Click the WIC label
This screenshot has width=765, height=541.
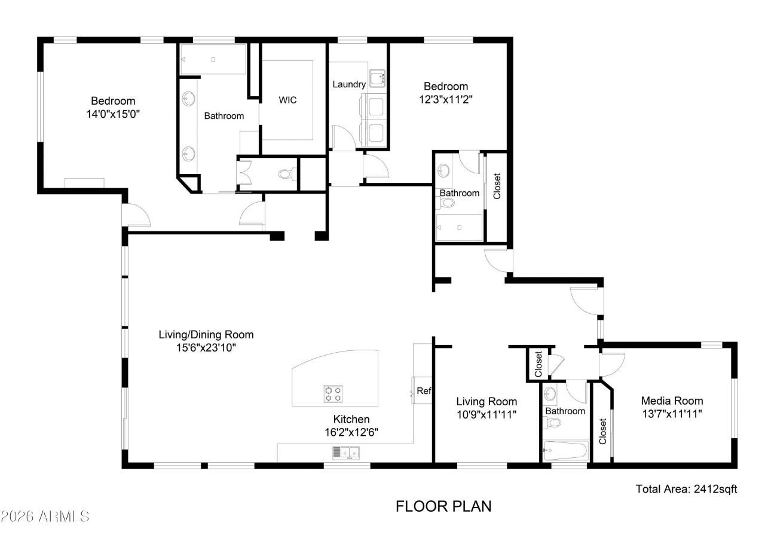click(x=287, y=100)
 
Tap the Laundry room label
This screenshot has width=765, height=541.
click(x=348, y=84)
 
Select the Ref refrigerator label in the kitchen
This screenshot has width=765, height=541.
click(x=424, y=392)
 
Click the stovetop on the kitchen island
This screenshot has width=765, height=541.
click(x=333, y=393)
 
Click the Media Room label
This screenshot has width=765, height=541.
click(x=672, y=401)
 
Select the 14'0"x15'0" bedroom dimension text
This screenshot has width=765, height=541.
click(x=113, y=113)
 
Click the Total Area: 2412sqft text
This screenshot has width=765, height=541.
click(x=686, y=489)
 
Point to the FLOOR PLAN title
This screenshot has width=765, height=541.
click(x=443, y=506)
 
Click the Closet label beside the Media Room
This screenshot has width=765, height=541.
click(x=602, y=432)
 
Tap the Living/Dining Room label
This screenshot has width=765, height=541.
click(x=206, y=334)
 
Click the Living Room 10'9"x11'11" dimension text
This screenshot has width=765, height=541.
click(x=486, y=414)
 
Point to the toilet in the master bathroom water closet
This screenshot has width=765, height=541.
click(x=286, y=175)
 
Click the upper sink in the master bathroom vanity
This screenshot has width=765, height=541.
click(x=189, y=99)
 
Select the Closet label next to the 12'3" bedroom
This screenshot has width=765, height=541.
click(x=497, y=186)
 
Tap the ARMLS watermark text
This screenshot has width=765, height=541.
click(x=45, y=515)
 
